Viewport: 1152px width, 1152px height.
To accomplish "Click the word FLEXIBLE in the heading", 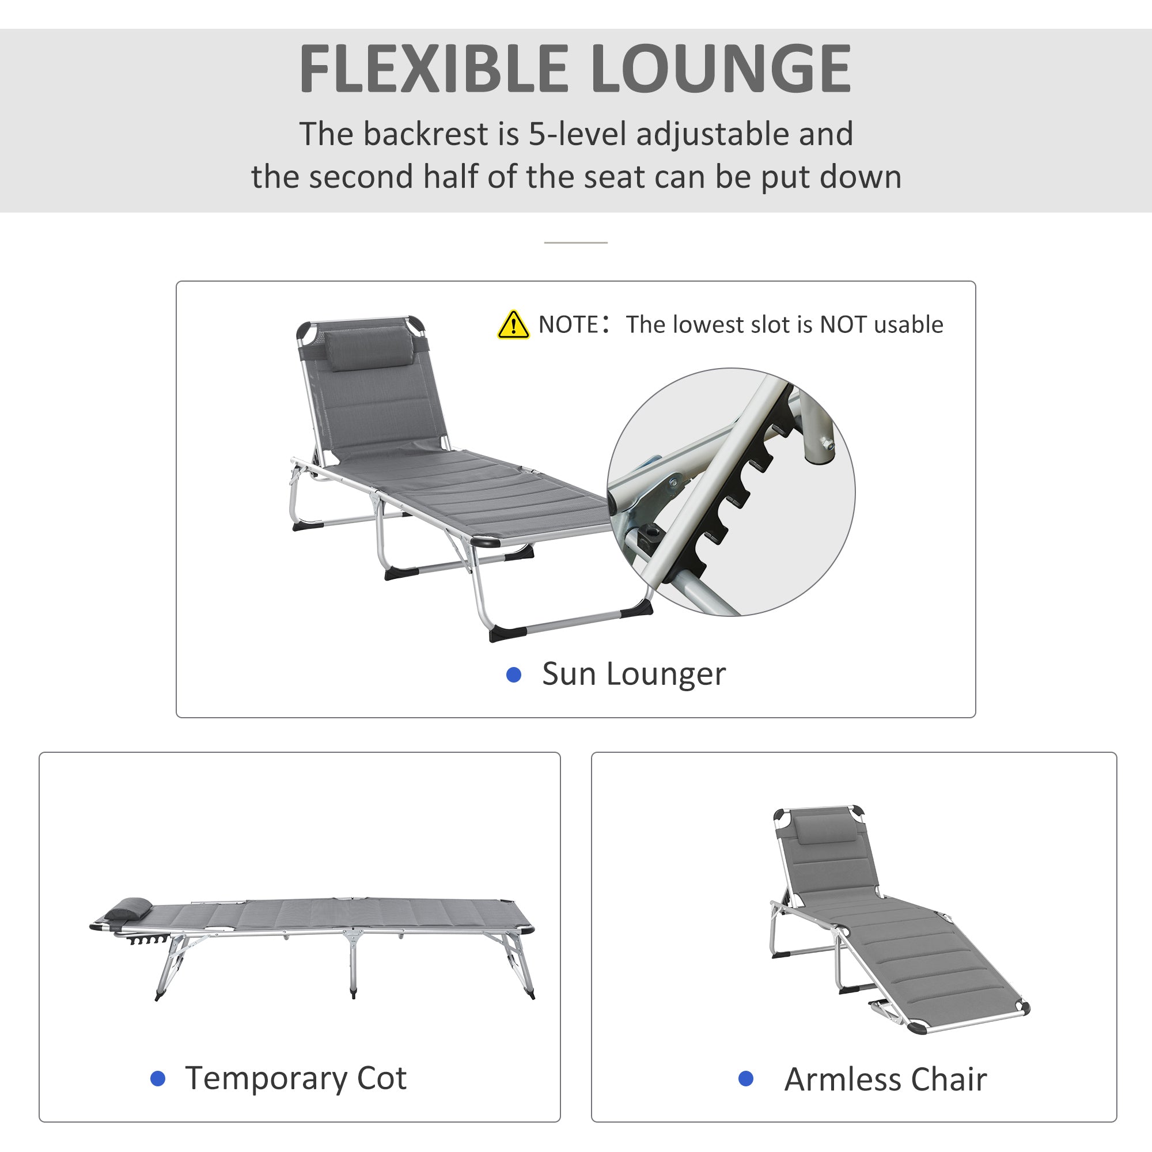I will [x=433, y=70].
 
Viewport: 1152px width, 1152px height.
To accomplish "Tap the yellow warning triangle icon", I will [x=513, y=325].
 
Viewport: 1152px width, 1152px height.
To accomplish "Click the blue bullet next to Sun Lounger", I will [x=513, y=674].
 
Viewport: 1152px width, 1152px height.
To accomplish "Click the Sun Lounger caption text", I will [x=633, y=674].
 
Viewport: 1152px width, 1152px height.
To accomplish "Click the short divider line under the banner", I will [x=575, y=242].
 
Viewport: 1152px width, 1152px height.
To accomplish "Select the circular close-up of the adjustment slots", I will [x=731, y=491].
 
